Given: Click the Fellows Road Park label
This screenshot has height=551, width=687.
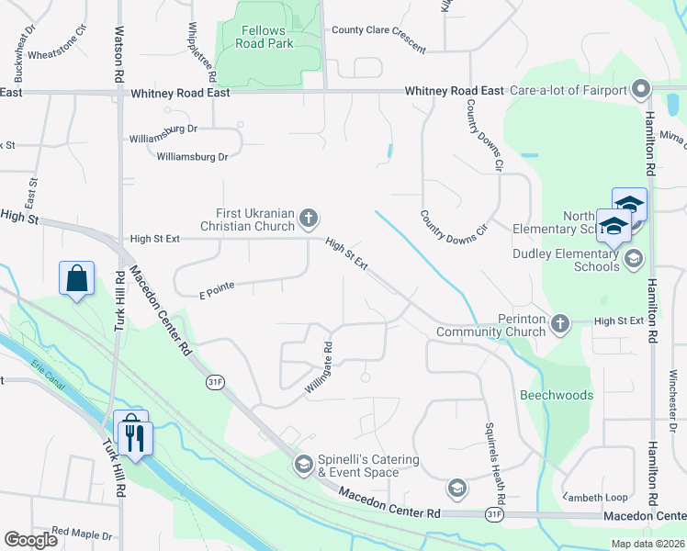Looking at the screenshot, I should point(262,36).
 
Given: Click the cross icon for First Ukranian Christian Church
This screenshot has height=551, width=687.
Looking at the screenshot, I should point(310,219).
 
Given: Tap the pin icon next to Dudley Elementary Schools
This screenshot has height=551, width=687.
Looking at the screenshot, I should point(632,260).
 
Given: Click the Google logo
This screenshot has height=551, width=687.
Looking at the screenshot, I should point(31,540).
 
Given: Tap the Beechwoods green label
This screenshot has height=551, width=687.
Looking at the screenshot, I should point(557,395).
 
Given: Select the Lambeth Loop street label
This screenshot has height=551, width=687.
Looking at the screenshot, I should point(595,497).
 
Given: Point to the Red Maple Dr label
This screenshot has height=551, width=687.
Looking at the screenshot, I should point(82,533).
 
